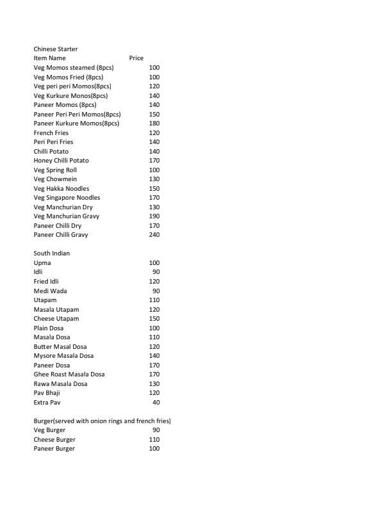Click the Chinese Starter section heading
point(56,49)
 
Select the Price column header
point(136,58)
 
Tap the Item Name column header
point(49,58)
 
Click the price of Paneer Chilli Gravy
point(154,235)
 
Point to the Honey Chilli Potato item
point(61,161)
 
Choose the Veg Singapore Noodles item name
point(67,198)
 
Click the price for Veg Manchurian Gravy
point(154,216)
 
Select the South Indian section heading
point(51,253)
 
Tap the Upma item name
point(42,263)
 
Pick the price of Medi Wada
point(156,291)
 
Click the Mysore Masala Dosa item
point(63,356)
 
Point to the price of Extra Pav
point(156,403)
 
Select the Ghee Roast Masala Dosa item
point(69,374)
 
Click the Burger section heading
point(102,421)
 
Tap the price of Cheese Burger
point(154,440)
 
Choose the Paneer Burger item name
point(54,449)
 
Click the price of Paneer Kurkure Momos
point(154,124)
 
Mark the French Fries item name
point(51,133)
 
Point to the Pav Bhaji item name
point(46,393)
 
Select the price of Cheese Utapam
point(154,319)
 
